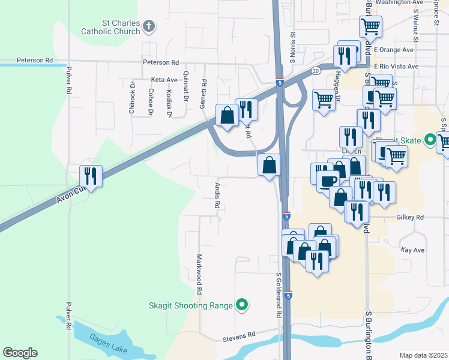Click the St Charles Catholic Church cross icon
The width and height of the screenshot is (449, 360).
(149, 26)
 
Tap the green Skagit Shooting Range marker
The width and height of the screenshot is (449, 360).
(242, 305)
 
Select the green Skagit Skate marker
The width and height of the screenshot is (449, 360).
(430, 139)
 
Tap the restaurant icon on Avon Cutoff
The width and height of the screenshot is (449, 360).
(91, 175)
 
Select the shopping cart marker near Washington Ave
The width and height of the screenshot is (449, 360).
(370, 26)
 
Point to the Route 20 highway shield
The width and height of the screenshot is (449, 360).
(316, 70)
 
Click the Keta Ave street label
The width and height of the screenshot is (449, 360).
(164, 79)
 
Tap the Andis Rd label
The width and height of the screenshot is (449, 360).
(217, 195)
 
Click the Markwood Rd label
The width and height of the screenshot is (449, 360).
(198, 274)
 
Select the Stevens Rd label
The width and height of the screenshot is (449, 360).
(238, 334)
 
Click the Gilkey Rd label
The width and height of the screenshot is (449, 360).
(410, 217)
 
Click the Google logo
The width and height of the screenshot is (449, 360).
(20, 353)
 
